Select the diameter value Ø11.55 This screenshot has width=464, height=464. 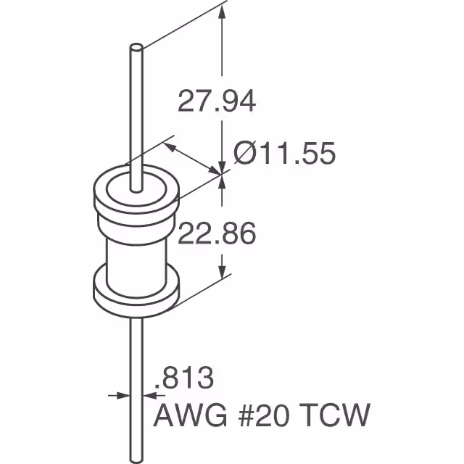click(x=284, y=154)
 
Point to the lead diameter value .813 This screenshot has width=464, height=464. click(x=186, y=378)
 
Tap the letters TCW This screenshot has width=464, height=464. click(x=339, y=417)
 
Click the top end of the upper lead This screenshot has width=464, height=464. click(x=135, y=49)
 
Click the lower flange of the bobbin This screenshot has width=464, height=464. click(x=135, y=294)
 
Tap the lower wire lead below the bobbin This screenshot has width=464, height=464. click(x=136, y=384)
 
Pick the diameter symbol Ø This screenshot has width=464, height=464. click(x=244, y=154)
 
